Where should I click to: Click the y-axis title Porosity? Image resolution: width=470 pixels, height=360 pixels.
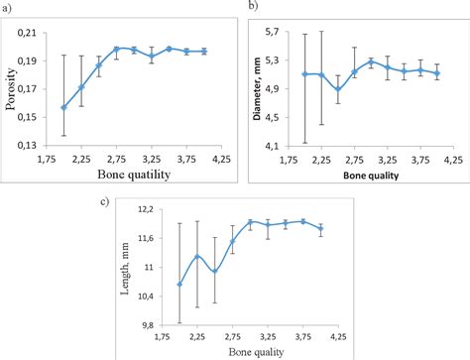(x=13, y=90)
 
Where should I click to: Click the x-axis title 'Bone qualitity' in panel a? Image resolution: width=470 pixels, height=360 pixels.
(x=138, y=175)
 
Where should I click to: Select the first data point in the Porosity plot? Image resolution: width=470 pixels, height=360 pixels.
(x=63, y=108)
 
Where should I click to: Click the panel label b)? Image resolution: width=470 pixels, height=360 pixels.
(x=251, y=7)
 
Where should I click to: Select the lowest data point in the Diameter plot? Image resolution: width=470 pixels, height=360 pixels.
(x=338, y=89)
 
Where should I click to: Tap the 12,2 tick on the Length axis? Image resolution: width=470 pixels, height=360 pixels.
(x=155, y=209)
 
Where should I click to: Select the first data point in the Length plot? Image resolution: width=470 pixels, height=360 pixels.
(x=179, y=285)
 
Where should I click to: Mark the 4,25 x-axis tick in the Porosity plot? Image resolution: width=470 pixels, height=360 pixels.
(x=221, y=159)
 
